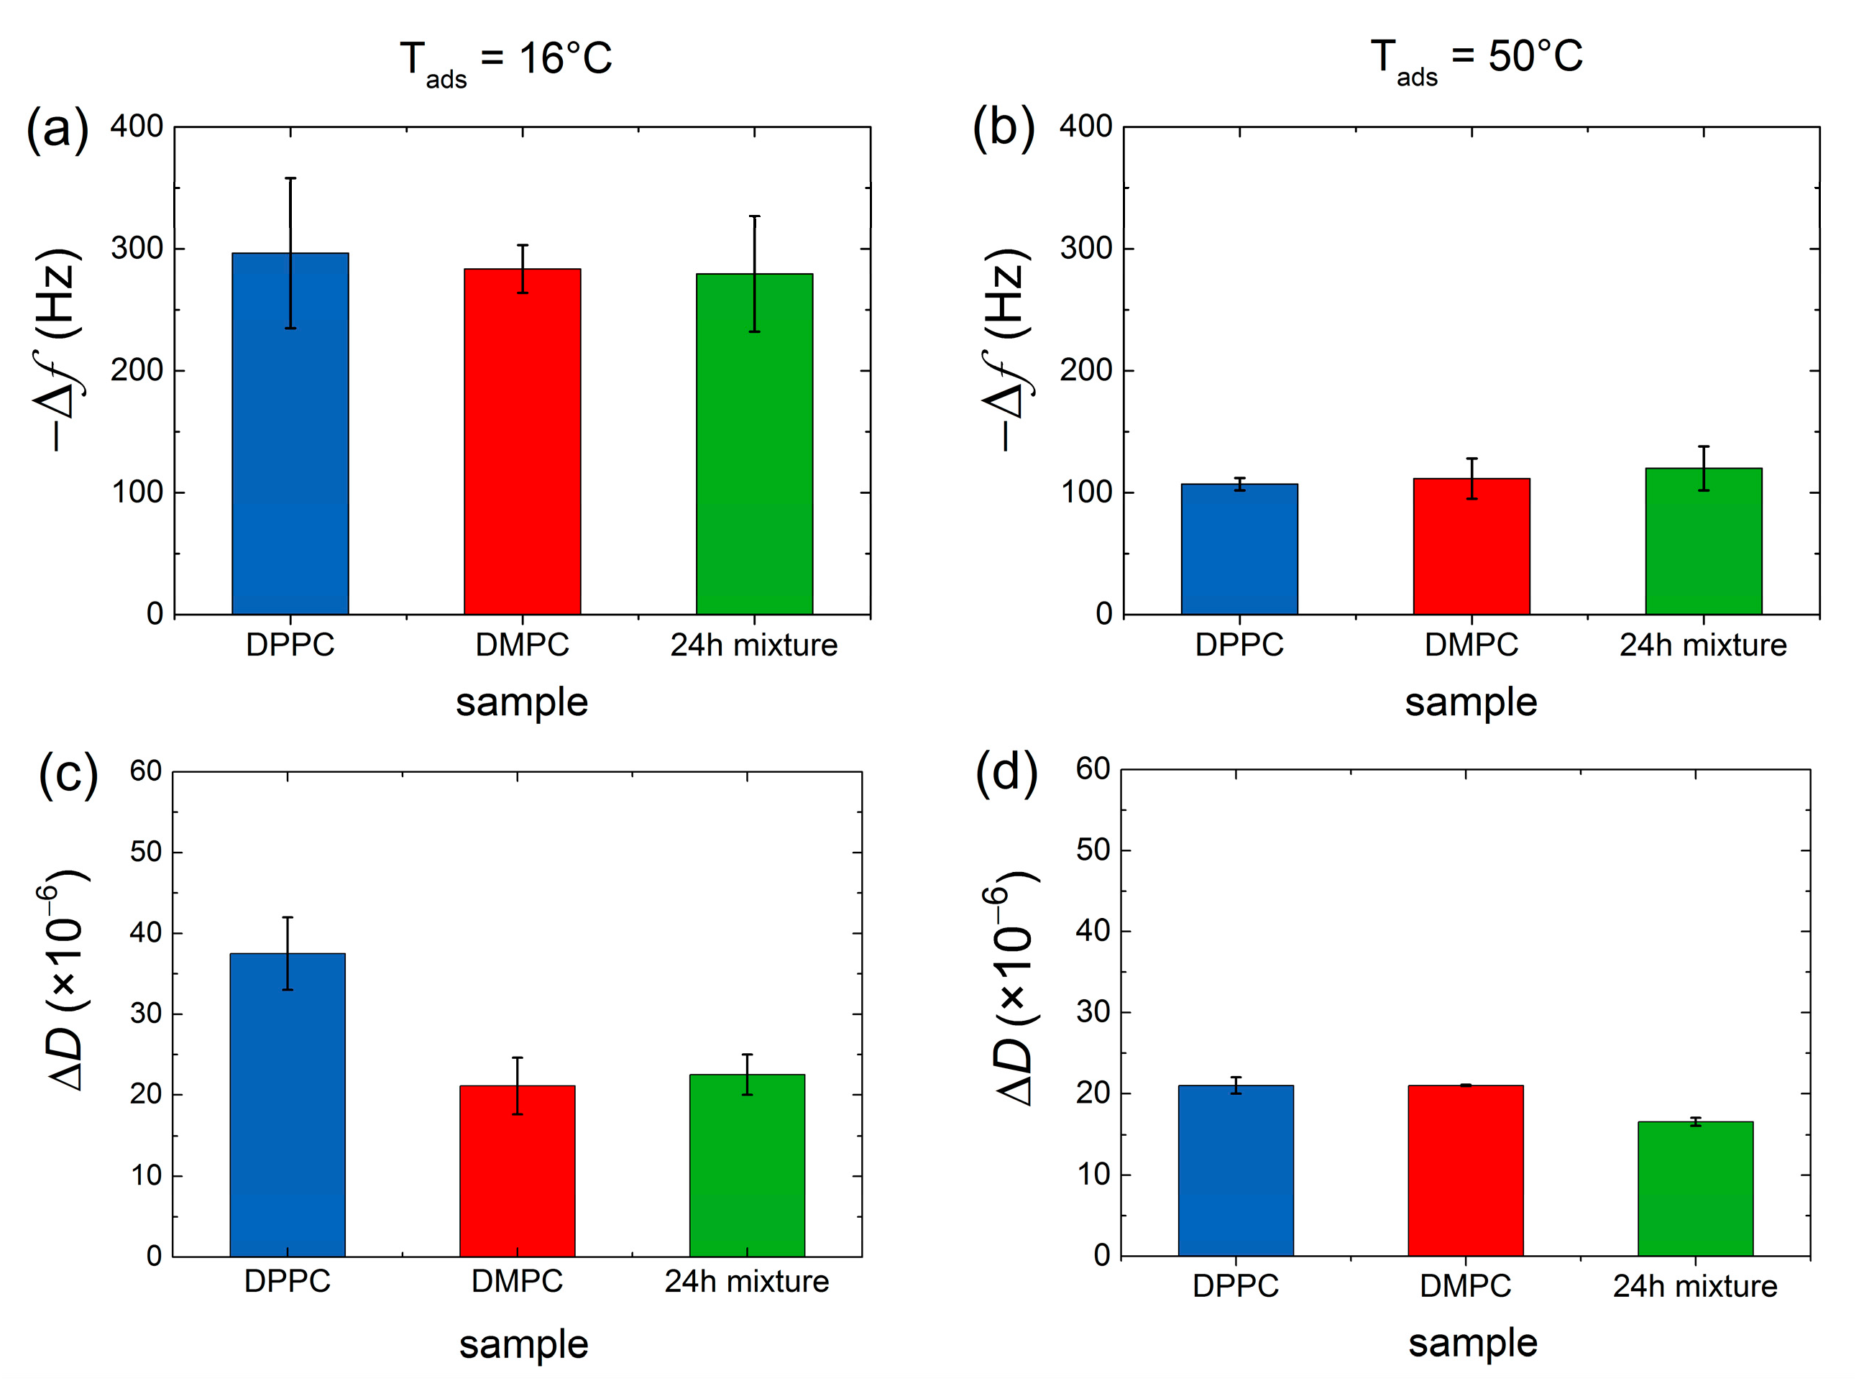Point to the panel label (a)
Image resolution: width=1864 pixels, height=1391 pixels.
click(58, 129)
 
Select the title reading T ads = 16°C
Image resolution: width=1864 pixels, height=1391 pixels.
click(506, 60)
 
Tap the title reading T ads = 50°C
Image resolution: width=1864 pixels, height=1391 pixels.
click(1477, 59)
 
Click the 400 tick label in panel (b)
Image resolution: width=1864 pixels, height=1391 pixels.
click(1085, 127)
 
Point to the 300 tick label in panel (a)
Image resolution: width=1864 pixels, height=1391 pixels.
click(137, 249)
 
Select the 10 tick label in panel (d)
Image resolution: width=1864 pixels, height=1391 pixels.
click(1092, 1174)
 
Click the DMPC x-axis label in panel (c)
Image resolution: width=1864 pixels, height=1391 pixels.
click(516, 1281)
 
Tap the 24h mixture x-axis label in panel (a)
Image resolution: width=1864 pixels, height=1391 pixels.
click(753, 645)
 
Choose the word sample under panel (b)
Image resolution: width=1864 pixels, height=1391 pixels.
click(1470, 702)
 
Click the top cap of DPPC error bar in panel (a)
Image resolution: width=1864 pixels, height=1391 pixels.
click(290, 178)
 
